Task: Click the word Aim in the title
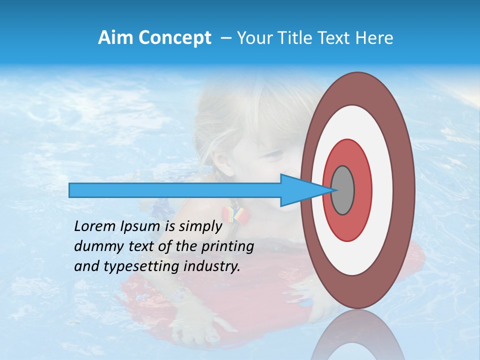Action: click(x=115, y=38)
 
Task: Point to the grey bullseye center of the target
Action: click(x=342, y=190)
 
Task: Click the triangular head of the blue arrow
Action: click(x=300, y=190)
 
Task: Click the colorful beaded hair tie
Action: click(x=234, y=214)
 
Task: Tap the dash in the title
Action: click(x=225, y=38)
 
